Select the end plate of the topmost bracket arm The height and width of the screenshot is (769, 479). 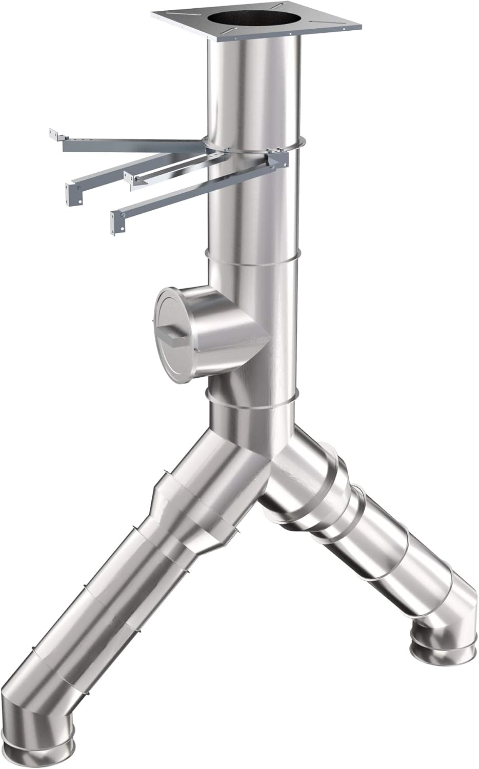54,134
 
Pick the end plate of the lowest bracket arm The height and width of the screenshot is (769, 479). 117,220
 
